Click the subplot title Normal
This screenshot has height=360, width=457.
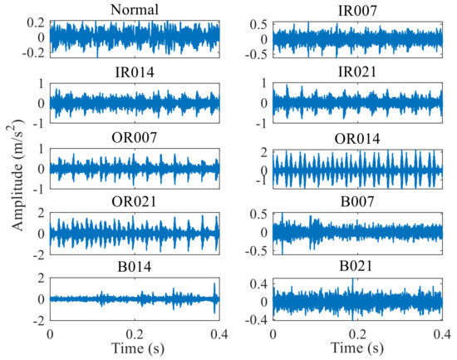(135, 11)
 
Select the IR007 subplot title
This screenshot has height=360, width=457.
(358, 11)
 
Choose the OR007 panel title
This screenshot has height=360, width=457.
(135, 137)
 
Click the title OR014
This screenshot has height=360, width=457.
(358, 137)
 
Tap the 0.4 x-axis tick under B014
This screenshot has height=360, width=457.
(219, 334)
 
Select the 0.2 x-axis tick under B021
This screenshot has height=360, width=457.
(358, 334)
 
